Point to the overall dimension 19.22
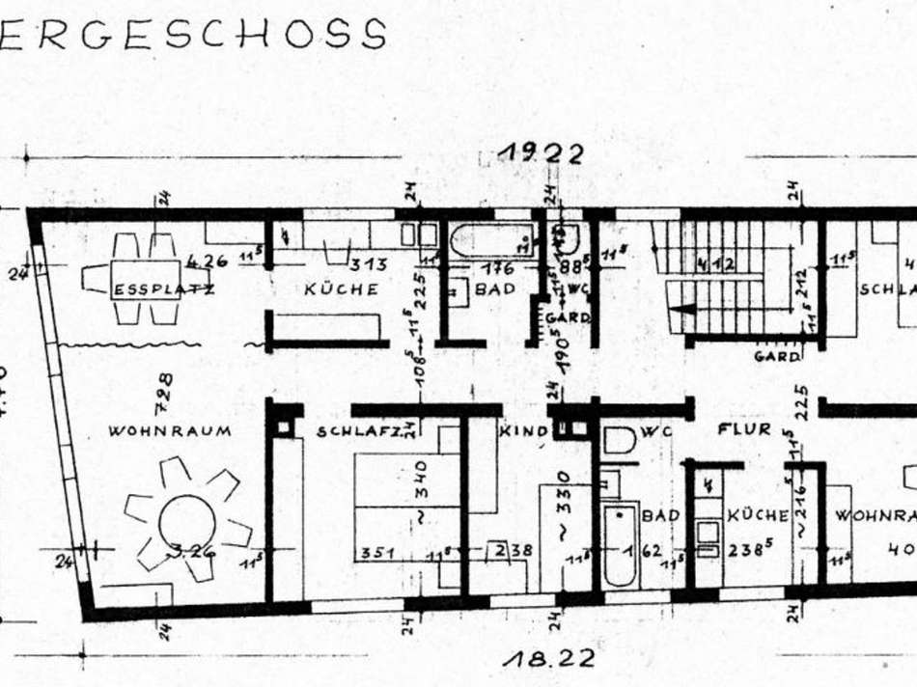pyautogui.click(x=541, y=153)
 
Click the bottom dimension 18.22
pyautogui.click(x=549, y=660)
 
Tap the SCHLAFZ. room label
pyautogui.click(x=359, y=431)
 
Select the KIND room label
pyautogui.click(x=522, y=431)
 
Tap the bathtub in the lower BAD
pyautogui.click(x=620, y=544)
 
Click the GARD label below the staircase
pyautogui.click(x=776, y=356)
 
